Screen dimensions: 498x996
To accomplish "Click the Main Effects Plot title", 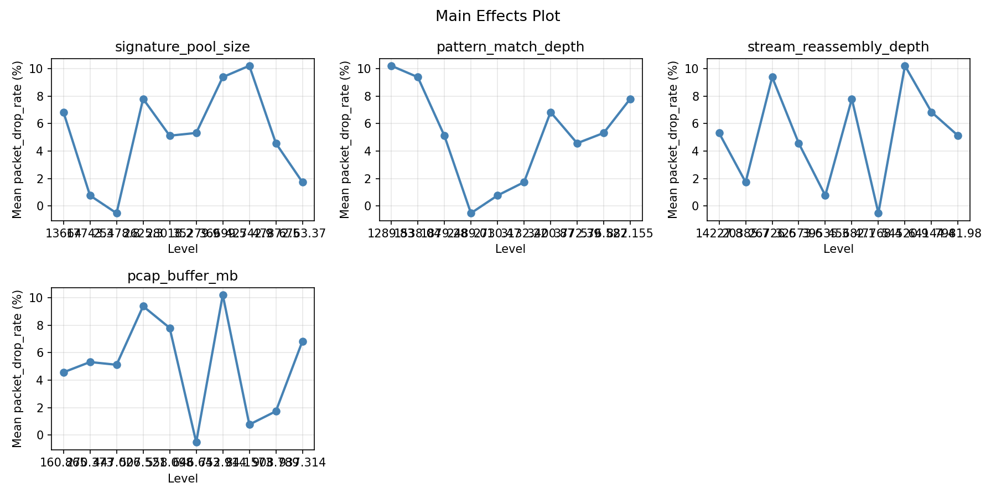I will pos(497,17).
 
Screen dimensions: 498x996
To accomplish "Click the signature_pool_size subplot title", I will pos(183,47).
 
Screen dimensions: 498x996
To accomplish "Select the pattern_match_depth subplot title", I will pos(510,47).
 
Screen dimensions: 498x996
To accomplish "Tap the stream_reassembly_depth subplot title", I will pos(838,47).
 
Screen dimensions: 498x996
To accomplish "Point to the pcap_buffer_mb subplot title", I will pos(183,276).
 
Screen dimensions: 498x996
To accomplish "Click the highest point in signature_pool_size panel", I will pos(250,66).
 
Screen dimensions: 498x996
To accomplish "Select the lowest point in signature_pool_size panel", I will pos(117,213).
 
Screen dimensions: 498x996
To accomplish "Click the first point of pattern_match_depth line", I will pos(391,66).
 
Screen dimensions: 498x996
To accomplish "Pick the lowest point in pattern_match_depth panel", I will pos(471,213).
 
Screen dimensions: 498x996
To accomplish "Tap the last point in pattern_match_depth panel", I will pos(630,99).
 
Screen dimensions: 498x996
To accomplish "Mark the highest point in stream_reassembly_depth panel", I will pos(905,66).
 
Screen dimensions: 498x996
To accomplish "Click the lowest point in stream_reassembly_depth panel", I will pos(878,213).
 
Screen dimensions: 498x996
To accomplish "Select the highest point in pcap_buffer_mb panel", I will pos(223,295).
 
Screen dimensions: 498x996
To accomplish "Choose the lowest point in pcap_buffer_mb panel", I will pos(196,442).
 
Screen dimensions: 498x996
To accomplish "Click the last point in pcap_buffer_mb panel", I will pos(303,341).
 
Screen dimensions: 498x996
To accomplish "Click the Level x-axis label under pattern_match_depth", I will pos(510,250).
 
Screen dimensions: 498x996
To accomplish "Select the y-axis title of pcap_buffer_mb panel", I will pos(17,369).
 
